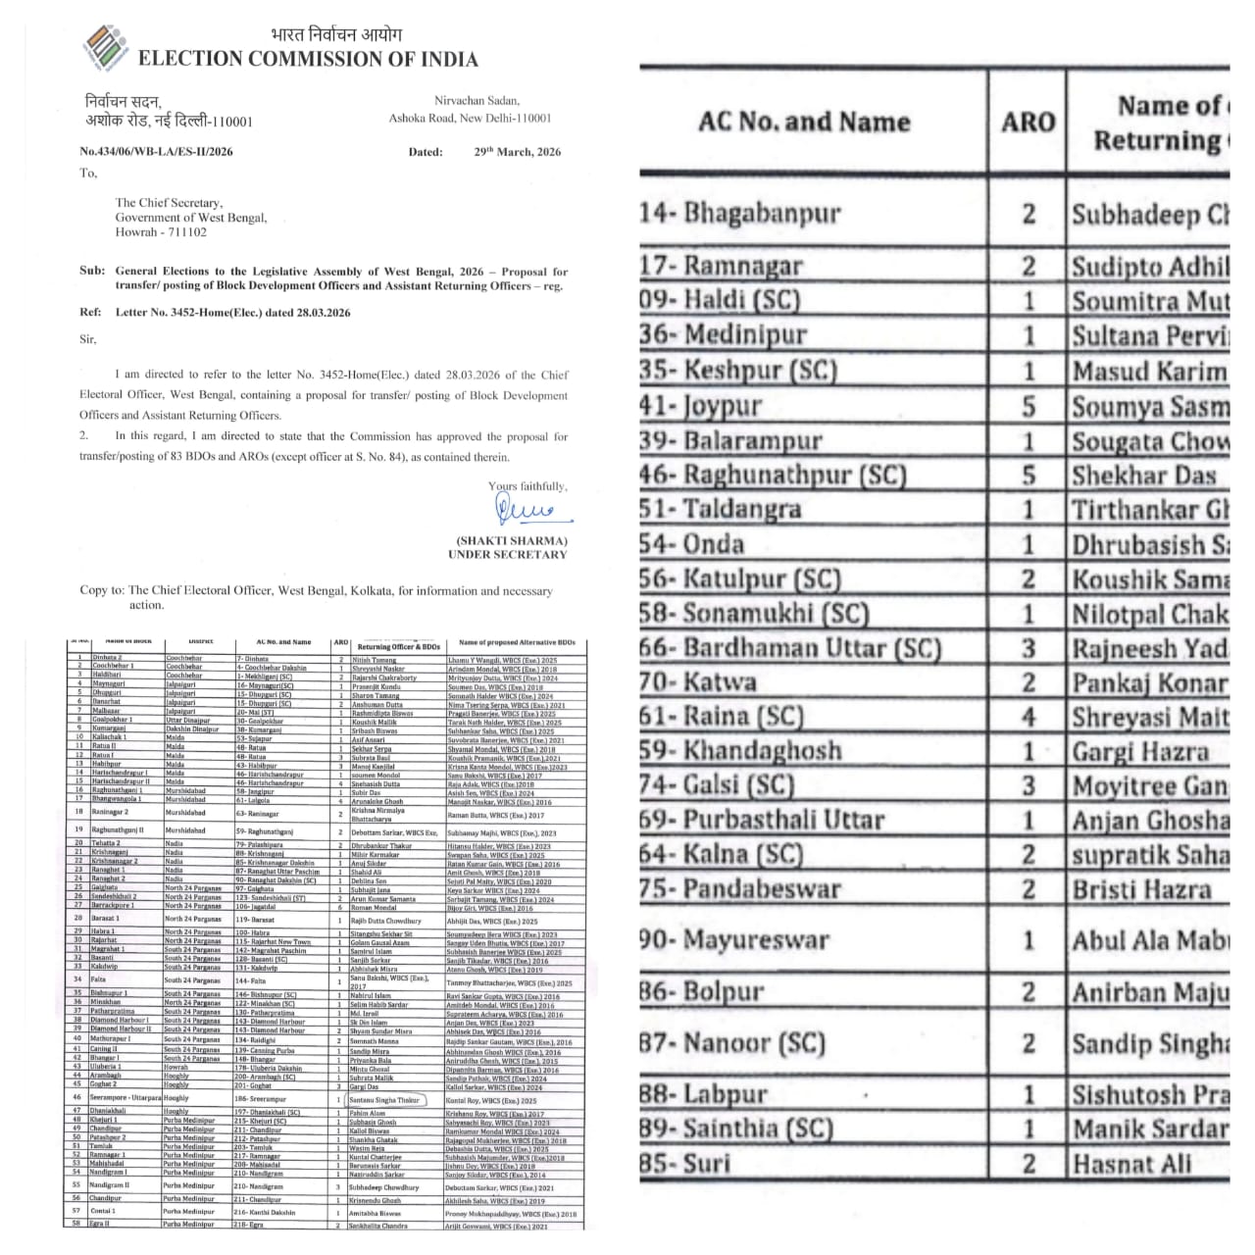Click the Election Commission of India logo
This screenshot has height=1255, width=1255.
point(106,47)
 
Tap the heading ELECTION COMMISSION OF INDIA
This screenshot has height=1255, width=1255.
point(308,59)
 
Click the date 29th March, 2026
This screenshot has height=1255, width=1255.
point(518,152)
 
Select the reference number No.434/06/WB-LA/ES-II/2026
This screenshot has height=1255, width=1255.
point(157,152)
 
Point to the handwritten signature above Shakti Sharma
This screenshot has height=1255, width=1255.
point(525,510)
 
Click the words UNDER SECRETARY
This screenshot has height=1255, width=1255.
point(508,555)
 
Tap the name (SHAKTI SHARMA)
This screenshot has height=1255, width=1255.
point(512,541)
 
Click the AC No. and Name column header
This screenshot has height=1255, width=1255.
point(804,123)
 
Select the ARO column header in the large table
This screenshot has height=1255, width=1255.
point(1028,123)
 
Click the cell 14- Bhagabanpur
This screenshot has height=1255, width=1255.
point(740,213)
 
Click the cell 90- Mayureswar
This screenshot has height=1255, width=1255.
point(734,940)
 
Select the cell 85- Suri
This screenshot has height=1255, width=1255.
point(685,1164)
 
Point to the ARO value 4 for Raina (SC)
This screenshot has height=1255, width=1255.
point(1029,718)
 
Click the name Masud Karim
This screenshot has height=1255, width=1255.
point(1149,372)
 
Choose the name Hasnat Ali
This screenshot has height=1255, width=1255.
point(1131,1164)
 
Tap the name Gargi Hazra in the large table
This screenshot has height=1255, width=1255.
point(1140,752)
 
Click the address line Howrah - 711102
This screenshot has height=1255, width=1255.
point(161,232)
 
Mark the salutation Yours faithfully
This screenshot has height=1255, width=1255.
point(527,485)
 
